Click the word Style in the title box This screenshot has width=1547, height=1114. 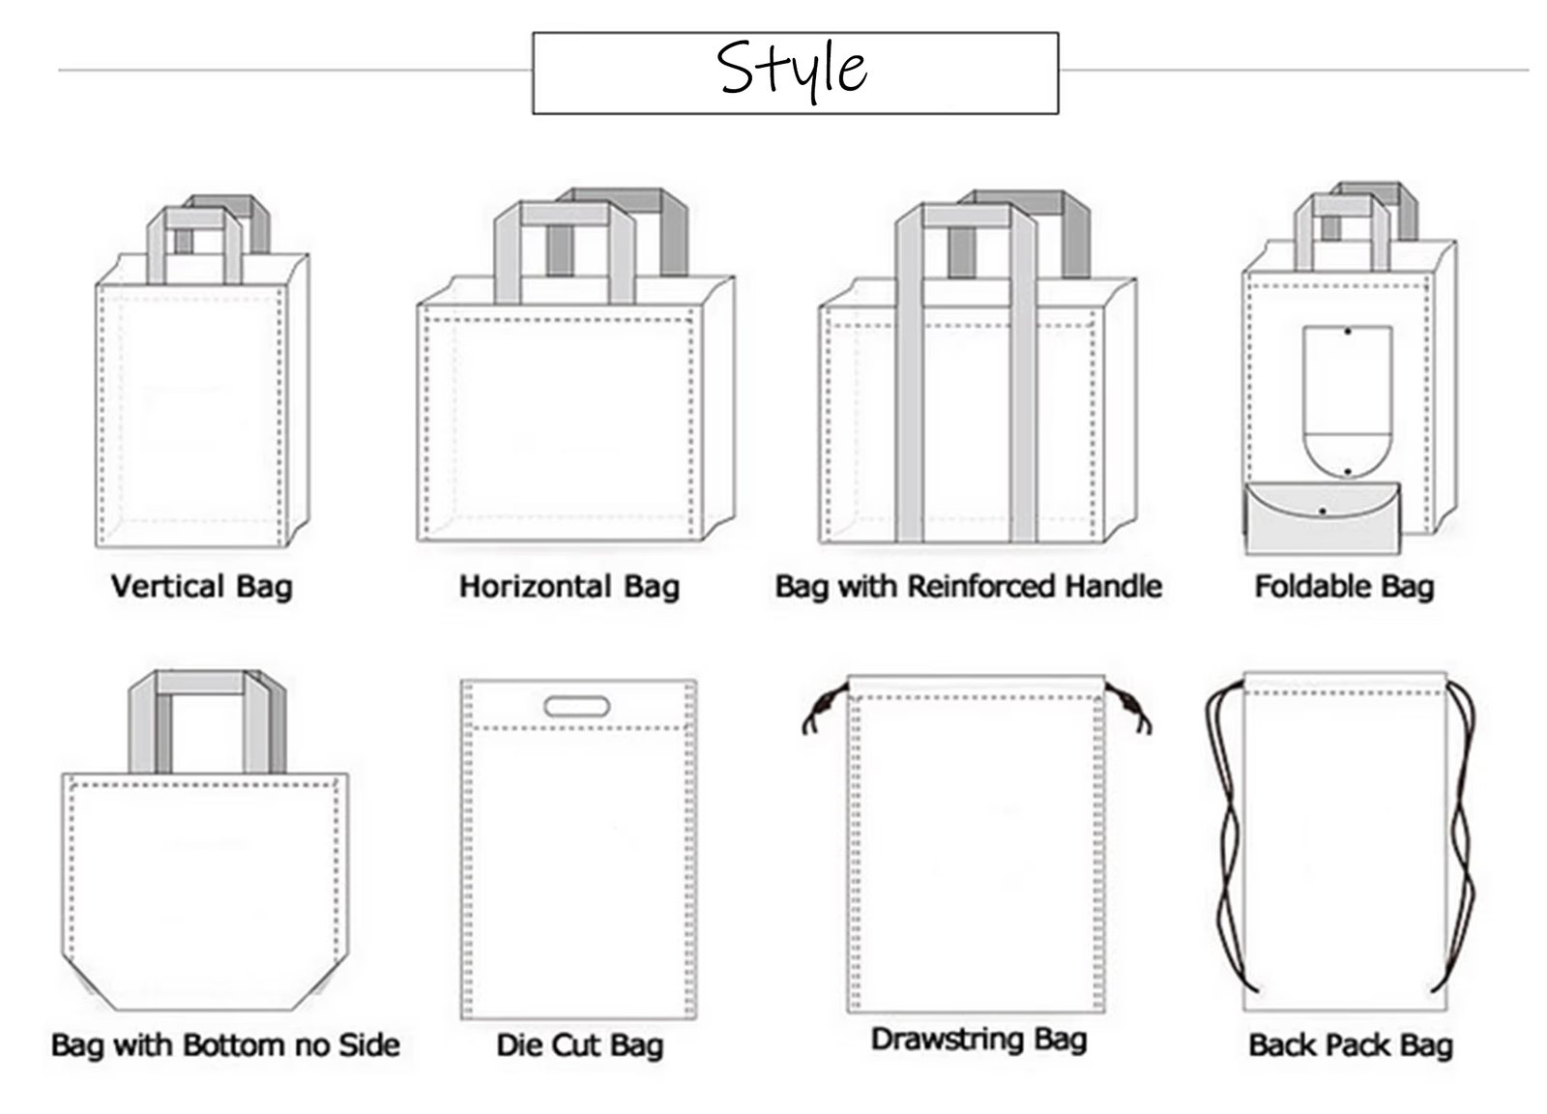(x=792, y=69)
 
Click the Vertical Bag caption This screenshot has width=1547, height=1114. (x=202, y=587)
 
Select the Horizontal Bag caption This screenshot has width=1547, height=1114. (x=569, y=587)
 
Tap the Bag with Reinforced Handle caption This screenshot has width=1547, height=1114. (x=968, y=587)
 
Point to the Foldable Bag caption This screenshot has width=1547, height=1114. (x=1344, y=587)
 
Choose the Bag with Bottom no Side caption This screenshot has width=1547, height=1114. (x=225, y=1045)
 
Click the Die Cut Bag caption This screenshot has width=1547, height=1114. (x=579, y=1045)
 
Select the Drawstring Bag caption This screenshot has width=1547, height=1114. (x=978, y=1040)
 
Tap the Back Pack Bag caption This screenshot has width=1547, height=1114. (x=1350, y=1045)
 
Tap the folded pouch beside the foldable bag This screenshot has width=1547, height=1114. (x=1322, y=518)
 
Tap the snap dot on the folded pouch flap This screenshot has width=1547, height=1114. (x=1322, y=512)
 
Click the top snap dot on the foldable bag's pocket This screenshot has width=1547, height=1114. (x=1348, y=332)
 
